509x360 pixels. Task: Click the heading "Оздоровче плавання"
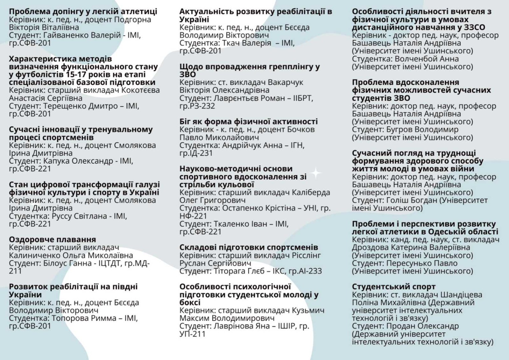point(52,240)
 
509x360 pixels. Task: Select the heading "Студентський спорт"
point(394,287)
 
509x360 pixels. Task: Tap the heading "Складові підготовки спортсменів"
point(249,247)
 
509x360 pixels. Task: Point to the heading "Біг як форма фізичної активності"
point(249,122)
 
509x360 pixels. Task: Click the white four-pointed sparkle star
point(315,173)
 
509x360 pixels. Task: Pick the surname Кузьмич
point(308,310)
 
